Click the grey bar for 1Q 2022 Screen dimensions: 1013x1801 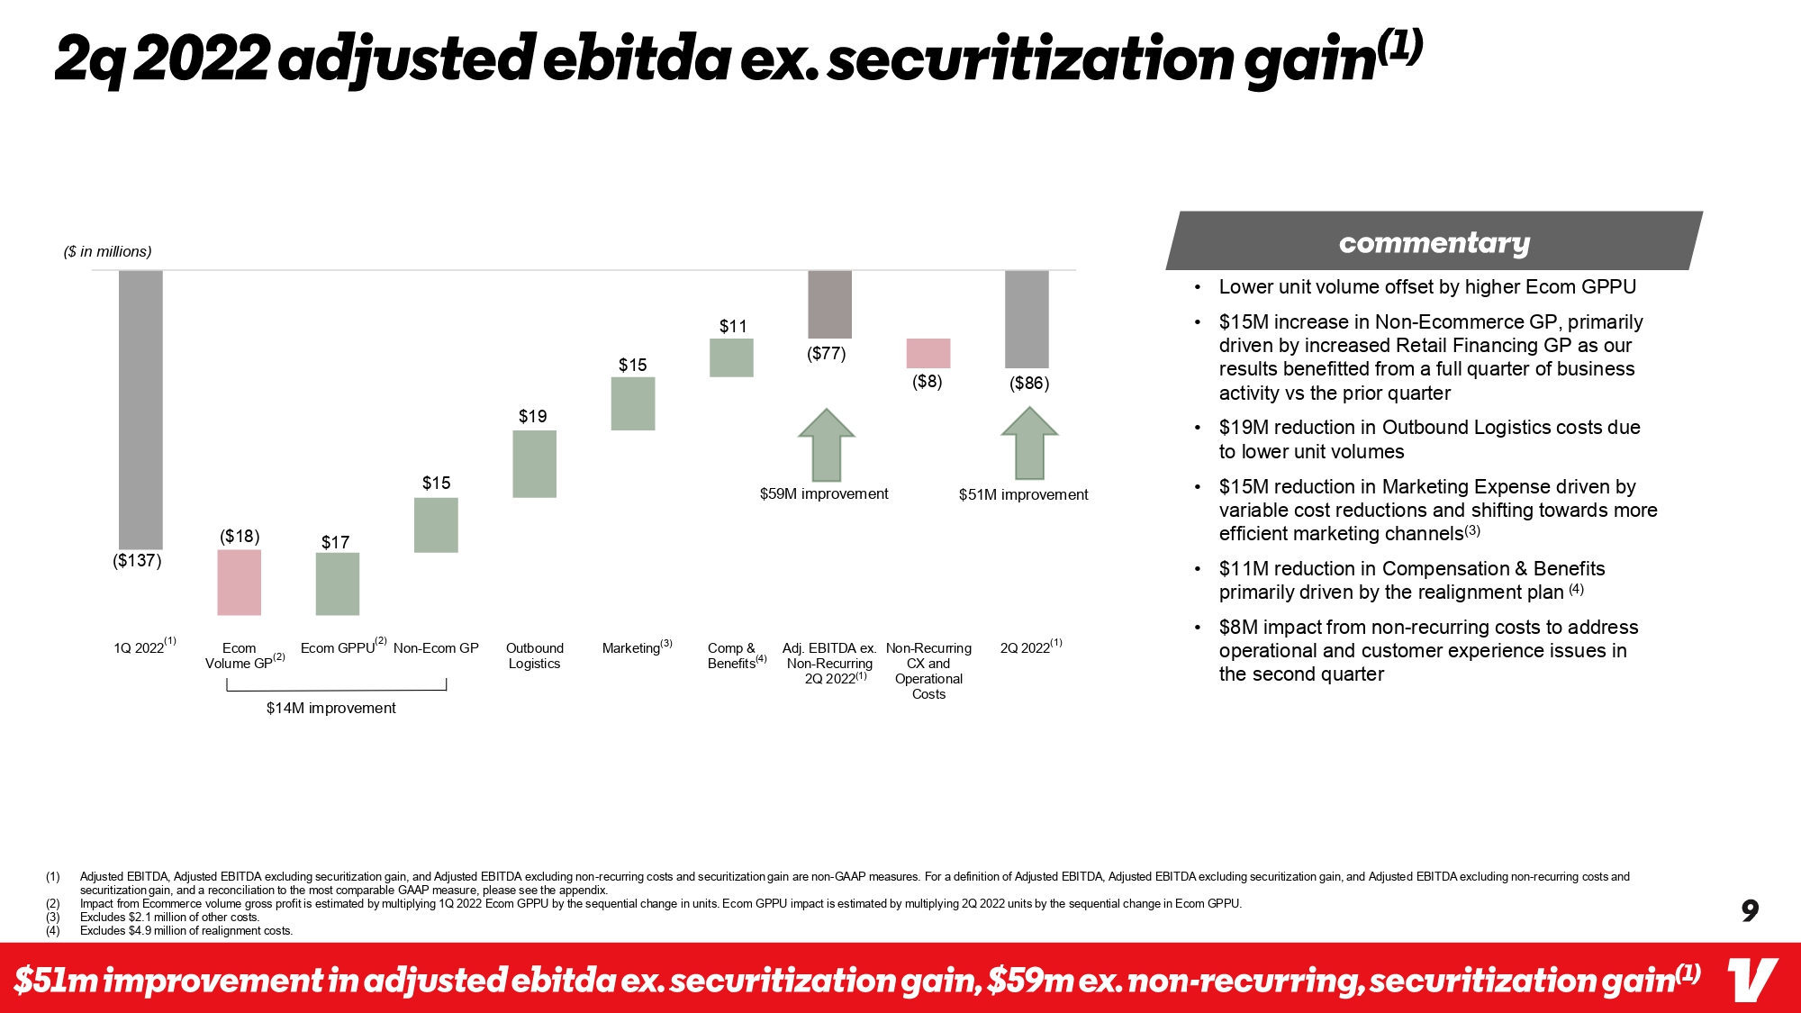[140, 409]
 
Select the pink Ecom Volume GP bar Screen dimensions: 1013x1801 [239, 583]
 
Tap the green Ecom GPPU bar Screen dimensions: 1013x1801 [338, 583]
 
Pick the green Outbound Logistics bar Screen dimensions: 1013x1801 [534, 464]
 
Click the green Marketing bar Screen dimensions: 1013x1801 [633, 403]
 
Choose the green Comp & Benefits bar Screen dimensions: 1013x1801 [731, 357]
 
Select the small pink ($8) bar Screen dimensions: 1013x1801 [928, 353]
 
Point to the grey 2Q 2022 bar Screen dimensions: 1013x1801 [1027, 319]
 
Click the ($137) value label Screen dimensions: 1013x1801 [137, 561]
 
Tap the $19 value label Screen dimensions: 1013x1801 [532, 416]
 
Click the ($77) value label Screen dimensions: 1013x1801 [826, 354]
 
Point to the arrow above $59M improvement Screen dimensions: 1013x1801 [826, 445]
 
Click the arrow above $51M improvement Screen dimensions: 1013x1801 [1029, 443]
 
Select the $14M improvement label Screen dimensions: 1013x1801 [330, 709]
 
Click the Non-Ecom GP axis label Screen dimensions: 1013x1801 [436, 648]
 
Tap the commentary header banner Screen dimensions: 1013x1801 [1434, 242]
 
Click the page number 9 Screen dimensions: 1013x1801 [1750, 911]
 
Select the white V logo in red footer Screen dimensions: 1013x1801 [1751, 980]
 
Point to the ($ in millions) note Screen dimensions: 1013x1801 [107, 252]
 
